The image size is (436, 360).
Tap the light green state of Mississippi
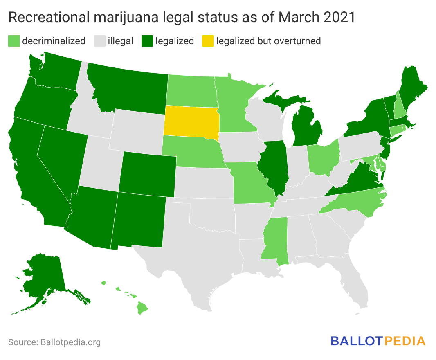coord(275,241)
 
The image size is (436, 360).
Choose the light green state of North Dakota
coord(191,90)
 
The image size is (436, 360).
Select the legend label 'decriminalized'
coord(54,41)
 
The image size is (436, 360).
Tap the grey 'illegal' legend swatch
coord(100,41)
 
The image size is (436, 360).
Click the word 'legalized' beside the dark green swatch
coord(175,41)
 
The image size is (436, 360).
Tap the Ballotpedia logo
coord(378,341)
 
